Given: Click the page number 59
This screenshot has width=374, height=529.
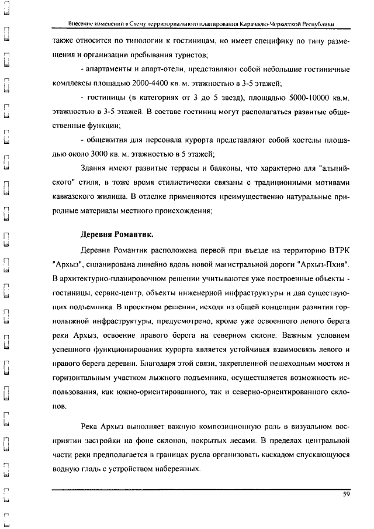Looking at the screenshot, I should coord(346,495).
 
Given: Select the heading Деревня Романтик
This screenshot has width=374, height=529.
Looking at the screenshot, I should coord(117,235).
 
